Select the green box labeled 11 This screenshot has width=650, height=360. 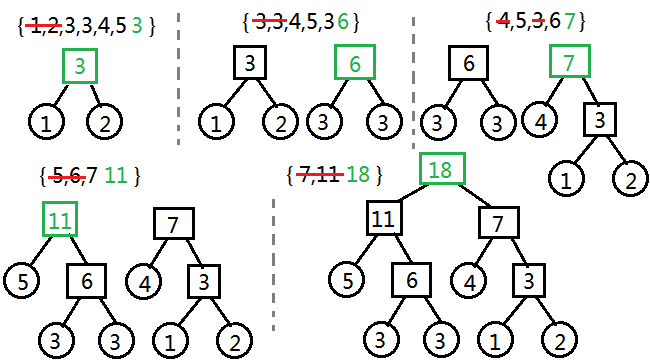tap(61, 219)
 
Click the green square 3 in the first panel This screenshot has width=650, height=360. tap(80, 67)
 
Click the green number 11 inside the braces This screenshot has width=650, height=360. tap(115, 176)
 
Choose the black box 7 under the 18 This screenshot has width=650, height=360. tap(498, 219)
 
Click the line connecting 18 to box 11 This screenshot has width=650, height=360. tap(409, 194)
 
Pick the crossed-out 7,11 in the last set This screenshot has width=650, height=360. tap(317, 175)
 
